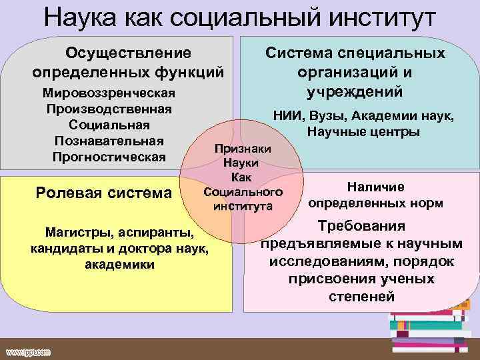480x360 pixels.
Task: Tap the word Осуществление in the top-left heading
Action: pos(127,52)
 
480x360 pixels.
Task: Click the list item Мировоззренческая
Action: pos(109,92)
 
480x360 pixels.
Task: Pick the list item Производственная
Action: pos(109,108)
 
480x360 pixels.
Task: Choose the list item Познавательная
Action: pos(109,141)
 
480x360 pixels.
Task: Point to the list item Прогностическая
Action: pos(109,157)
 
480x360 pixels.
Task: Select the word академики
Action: pos(120,265)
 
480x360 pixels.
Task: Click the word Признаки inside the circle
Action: pos(243,149)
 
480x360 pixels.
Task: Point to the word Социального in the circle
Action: pos(243,192)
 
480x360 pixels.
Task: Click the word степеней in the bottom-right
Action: pos(361,296)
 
